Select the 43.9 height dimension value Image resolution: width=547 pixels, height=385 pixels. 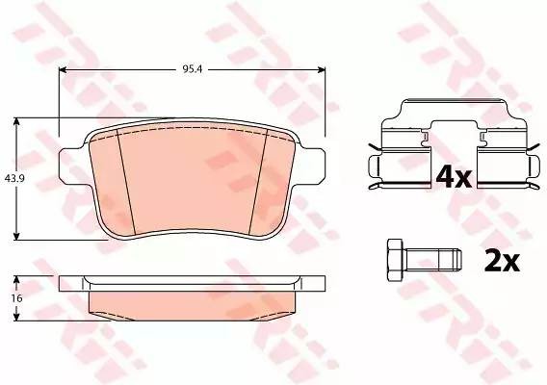click(13, 178)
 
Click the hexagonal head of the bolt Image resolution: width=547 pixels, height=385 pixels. click(393, 257)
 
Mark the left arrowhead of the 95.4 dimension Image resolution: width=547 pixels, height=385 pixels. click(64, 69)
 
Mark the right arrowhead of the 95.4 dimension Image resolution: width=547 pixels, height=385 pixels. click(323, 69)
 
